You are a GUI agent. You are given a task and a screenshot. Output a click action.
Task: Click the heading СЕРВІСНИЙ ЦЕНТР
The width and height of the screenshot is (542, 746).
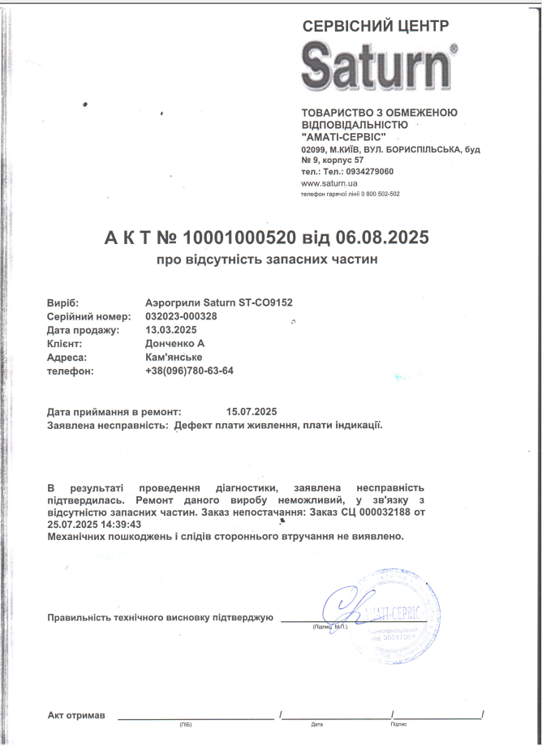click(374, 26)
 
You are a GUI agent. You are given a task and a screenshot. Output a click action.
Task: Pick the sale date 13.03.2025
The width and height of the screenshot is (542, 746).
click(171, 330)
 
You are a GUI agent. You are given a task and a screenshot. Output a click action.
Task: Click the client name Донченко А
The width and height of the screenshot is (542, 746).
click(174, 344)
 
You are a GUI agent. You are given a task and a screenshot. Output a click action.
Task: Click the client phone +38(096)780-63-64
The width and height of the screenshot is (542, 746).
click(189, 371)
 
